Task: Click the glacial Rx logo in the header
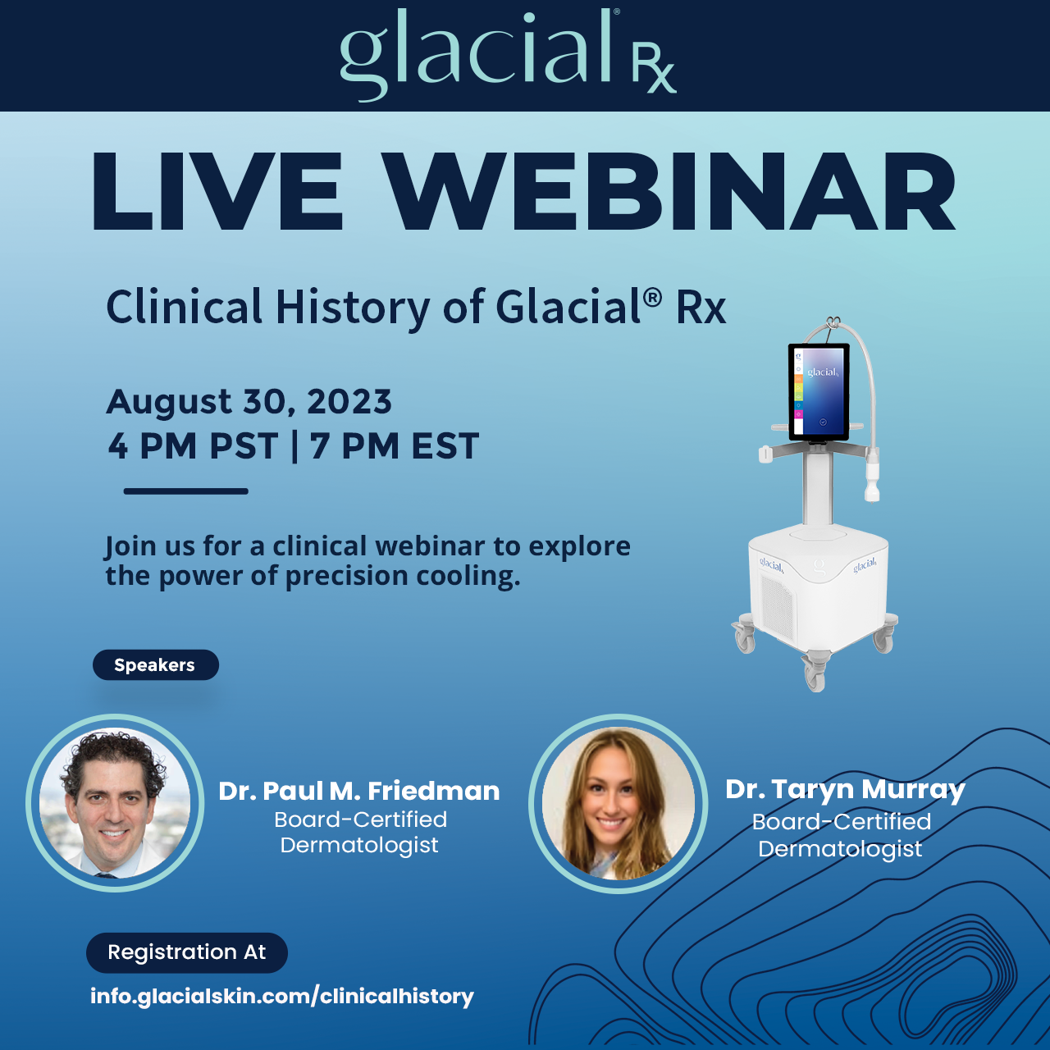(x=509, y=54)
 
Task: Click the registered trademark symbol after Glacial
(x=652, y=297)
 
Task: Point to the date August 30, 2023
(x=249, y=402)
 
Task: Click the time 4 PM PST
(x=194, y=446)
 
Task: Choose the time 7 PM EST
(x=395, y=446)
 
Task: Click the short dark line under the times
(x=185, y=491)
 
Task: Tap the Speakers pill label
(x=155, y=665)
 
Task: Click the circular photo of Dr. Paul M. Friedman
(x=115, y=803)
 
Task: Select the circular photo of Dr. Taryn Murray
(x=618, y=804)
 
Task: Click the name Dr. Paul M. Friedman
(x=359, y=791)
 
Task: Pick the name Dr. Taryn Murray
(x=845, y=789)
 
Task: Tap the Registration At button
(x=187, y=952)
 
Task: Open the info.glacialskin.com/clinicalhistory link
(x=282, y=997)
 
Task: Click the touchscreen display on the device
(x=819, y=392)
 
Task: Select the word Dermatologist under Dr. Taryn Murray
(x=840, y=849)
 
